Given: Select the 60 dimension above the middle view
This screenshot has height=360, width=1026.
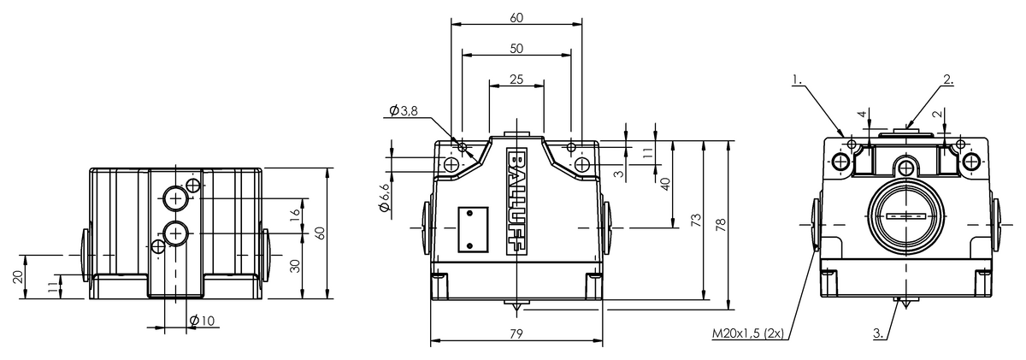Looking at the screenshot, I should pyautogui.click(x=516, y=16).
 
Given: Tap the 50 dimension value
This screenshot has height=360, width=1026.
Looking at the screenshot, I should pyautogui.click(x=516, y=49).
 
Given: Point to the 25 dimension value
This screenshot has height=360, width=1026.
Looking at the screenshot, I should pyautogui.click(x=516, y=79).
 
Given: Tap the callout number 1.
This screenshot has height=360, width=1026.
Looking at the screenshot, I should pyautogui.click(x=797, y=80).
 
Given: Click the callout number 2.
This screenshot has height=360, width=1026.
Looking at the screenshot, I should pyautogui.click(x=947, y=80).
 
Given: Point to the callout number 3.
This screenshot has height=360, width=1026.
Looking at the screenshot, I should pyautogui.click(x=880, y=333).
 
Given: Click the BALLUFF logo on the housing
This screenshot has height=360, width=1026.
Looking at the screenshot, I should pyautogui.click(x=517, y=203).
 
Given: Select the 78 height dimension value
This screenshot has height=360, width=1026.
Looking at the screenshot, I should pyautogui.click(x=721, y=223).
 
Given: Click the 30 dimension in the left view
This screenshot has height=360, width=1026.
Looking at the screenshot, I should pyautogui.click(x=295, y=265).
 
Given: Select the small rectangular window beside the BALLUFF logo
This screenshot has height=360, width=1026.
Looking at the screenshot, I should pyautogui.click(x=472, y=229).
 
